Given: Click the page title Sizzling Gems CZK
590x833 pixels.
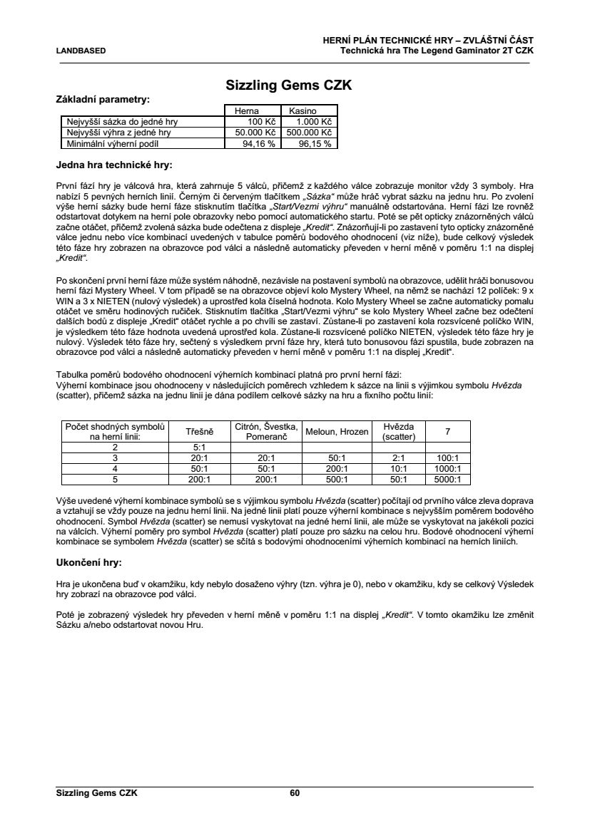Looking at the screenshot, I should click(289, 86).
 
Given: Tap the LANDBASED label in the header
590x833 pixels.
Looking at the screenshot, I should click(81, 51).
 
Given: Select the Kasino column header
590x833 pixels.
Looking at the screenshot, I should click(308, 111).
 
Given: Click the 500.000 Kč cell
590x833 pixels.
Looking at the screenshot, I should click(308, 132).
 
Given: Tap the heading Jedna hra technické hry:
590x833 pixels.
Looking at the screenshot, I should click(113, 165).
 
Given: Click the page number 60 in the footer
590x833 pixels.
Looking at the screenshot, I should click(295, 792).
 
